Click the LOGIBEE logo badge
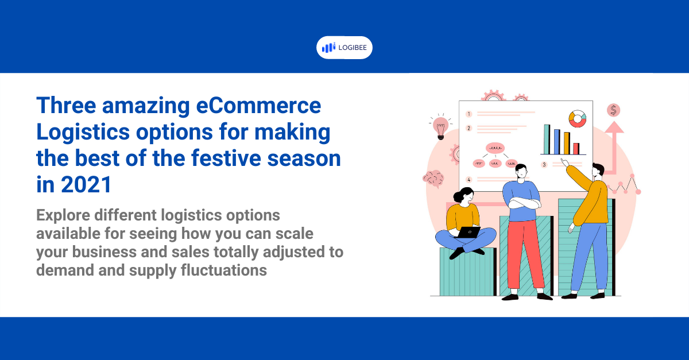344,48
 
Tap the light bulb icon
440,126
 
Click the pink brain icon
433,178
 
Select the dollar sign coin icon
614,110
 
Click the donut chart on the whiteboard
577,119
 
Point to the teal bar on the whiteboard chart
547,139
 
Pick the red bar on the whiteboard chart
576,149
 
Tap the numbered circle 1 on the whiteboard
469,114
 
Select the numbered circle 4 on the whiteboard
469,179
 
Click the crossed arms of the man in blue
521,203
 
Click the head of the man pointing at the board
597,171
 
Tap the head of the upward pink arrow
614,127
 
